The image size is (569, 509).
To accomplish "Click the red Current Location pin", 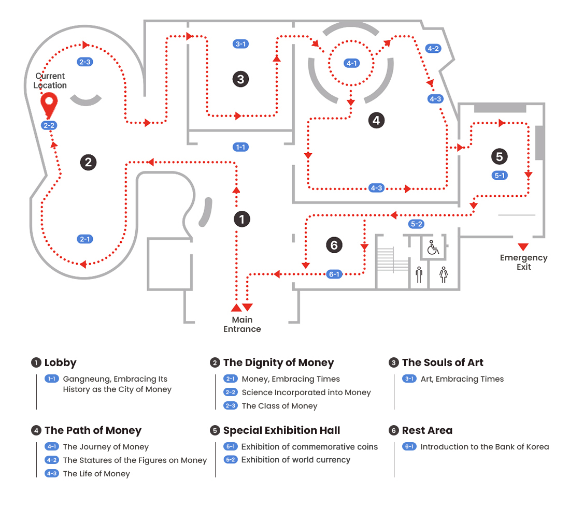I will click(x=49, y=105).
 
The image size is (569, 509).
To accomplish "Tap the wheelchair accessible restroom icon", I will click(x=433, y=248).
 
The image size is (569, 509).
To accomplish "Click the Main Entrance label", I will click(x=242, y=324).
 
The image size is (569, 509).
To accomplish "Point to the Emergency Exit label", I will click(x=523, y=262).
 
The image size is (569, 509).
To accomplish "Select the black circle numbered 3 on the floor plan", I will click(x=240, y=79).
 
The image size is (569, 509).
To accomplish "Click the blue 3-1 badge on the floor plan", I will click(x=240, y=44).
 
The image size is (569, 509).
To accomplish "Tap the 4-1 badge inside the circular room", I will click(x=352, y=63).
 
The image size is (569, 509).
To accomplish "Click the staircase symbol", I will click(x=393, y=259).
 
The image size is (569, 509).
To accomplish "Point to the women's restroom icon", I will click(x=443, y=274).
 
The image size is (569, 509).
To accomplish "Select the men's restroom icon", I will click(x=419, y=274).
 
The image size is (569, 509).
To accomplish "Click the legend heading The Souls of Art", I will click(x=443, y=362).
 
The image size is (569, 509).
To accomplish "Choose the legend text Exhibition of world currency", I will click(x=295, y=460).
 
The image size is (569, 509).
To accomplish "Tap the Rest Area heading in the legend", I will click(x=427, y=430).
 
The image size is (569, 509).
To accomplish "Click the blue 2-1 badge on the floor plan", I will click(x=85, y=239).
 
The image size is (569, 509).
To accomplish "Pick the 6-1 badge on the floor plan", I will click(x=335, y=274).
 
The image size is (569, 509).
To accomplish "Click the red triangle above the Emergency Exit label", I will click(x=523, y=246).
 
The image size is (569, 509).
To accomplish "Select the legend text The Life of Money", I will click(x=96, y=474).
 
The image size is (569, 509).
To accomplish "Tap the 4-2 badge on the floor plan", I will click(x=433, y=49).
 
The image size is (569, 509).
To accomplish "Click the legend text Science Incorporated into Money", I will click(x=306, y=392).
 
